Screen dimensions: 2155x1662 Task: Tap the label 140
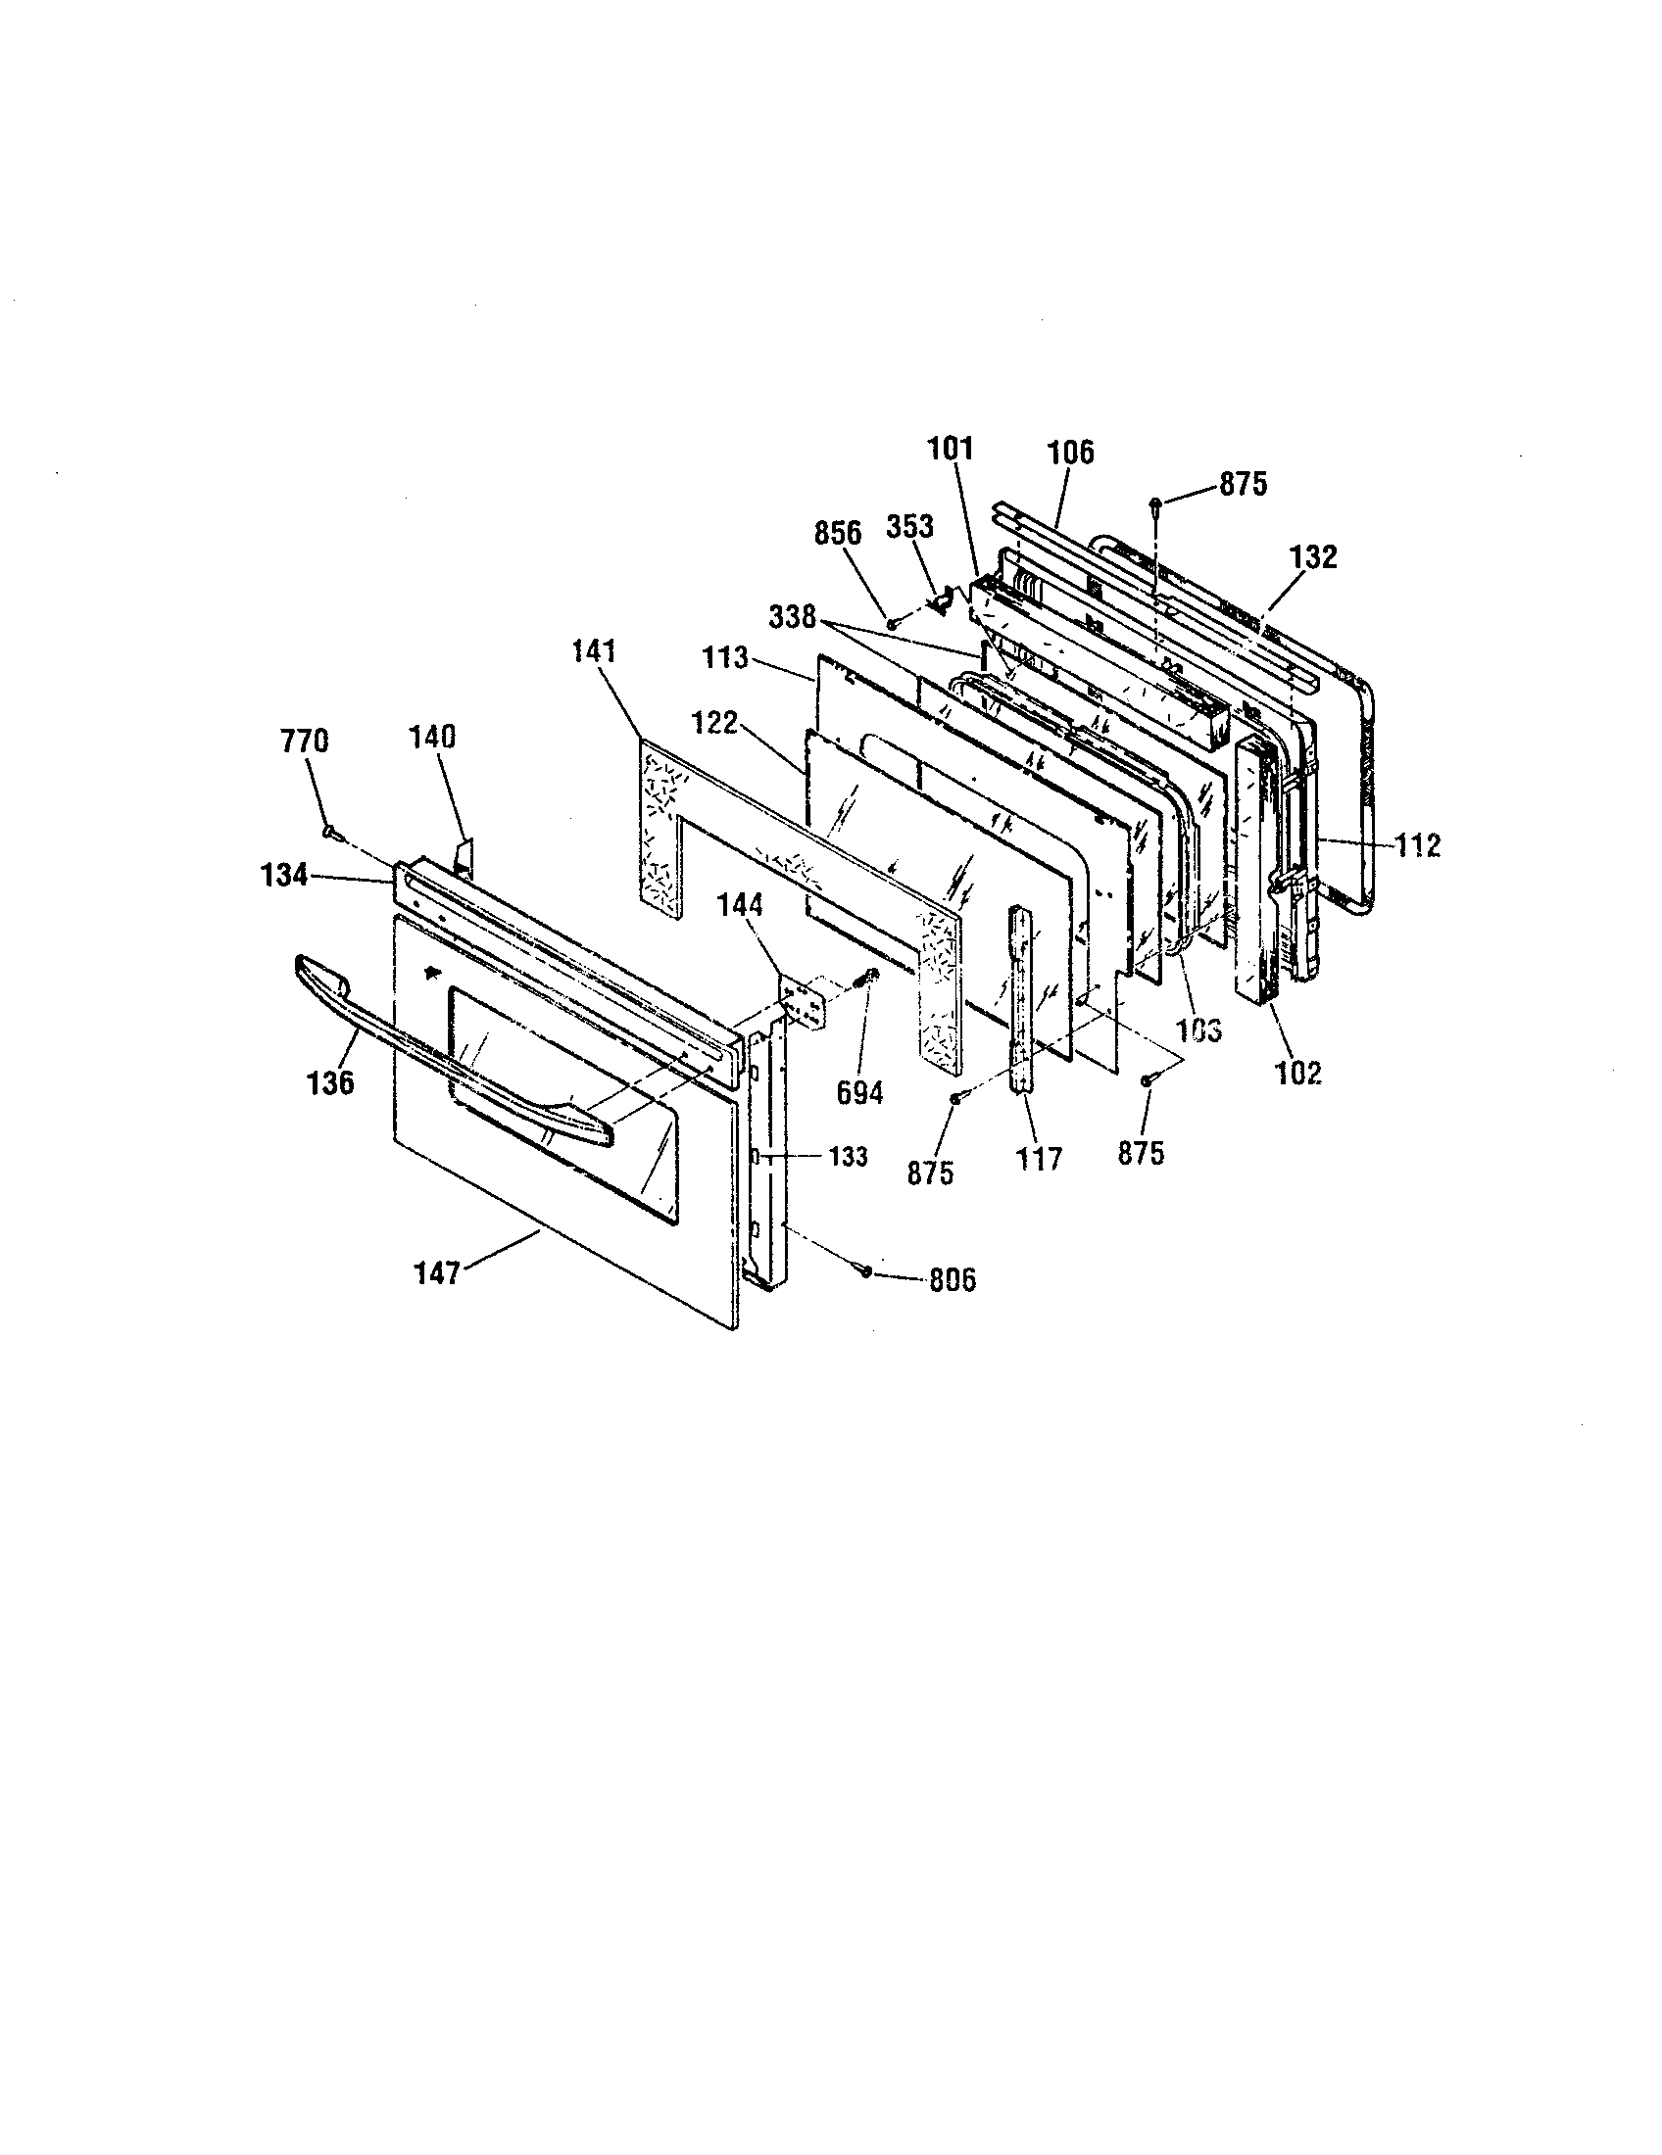[x=432, y=737]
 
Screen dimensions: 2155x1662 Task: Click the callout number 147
[x=436, y=1273]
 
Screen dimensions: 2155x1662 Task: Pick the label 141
[x=592, y=651]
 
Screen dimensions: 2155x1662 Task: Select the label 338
[x=793, y=618]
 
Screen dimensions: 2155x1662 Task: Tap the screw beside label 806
[x=865, y=1272]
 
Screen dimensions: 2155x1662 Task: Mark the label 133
[x=848, y=1156]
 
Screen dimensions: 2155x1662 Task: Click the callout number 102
[x=1297, y=1073]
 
